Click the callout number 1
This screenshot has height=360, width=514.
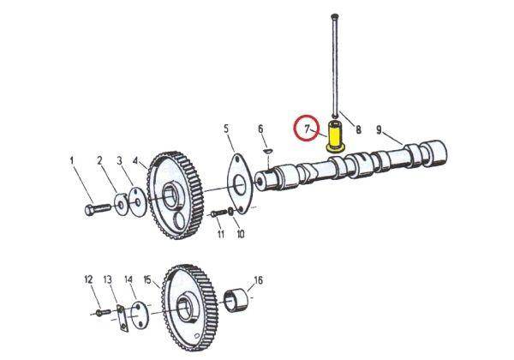tap(73, 160)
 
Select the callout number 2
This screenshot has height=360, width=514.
tap(99, 160)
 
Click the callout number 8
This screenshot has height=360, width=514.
tap(358, 130)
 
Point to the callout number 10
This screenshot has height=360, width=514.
tap(240, 234)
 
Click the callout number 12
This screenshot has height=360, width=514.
tap(87, 279)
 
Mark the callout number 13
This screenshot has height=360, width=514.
tap(108, 279)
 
